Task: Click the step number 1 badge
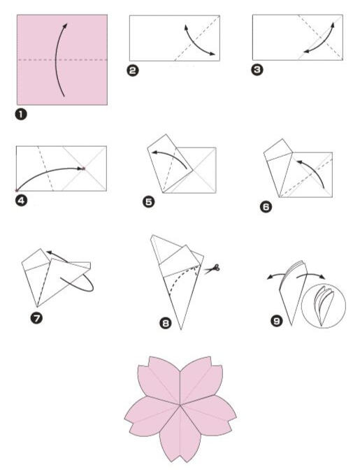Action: coord(20,114)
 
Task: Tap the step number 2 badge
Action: coord(133,71)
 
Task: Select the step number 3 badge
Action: coord(257,70)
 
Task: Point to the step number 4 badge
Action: coord(21,201)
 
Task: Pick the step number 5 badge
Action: coord(148,201)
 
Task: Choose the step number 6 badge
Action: coord(266,207)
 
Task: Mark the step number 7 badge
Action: coord(36,318)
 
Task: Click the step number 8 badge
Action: coord(166,323)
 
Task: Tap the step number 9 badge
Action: coord(276,320)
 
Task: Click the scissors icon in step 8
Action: coord(212,268)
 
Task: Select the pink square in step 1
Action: coord(62,59)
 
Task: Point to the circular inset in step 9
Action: coord(324,306)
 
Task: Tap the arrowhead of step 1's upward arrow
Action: coord(65,26)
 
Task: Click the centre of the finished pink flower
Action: coord(180,405)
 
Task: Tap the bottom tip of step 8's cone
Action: coord(181,329)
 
